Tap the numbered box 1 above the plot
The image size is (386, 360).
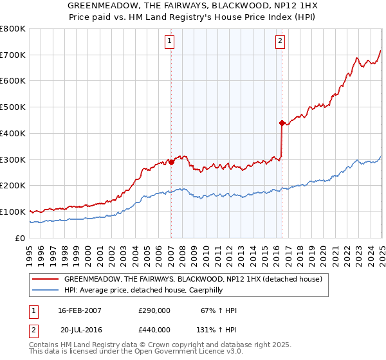(x=170, y=42)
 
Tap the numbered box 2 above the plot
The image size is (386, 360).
(x=281, y=42)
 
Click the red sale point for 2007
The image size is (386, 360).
(x=171, y=162)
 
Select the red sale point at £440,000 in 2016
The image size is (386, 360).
(x=282, y=122)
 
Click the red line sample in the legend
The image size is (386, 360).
(x=46, y=279)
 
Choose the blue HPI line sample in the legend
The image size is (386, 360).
(x=46, y=290)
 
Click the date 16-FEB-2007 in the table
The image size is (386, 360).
(x=80, y=310)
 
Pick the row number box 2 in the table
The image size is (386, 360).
(x=33, y=330)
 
